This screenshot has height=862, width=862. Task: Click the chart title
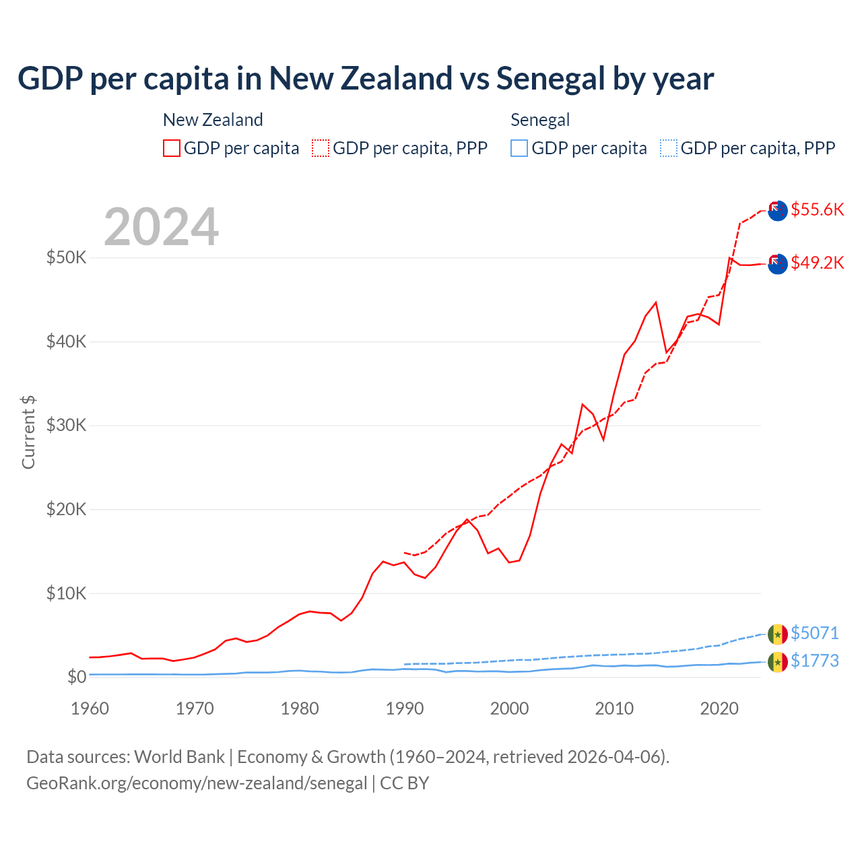point(366,79)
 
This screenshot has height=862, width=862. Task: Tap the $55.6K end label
point(817,209)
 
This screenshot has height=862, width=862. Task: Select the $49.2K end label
point(817,263)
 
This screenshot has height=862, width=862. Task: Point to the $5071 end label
point(814,633)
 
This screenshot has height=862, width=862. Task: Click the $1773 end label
point(814,661)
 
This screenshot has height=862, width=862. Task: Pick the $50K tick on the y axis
point(66,257)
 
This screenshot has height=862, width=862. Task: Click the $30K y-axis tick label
point(66,425)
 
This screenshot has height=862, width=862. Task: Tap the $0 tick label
point(77,677)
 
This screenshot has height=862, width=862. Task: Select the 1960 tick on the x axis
point(90,708)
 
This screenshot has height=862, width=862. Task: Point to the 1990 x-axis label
point(405,708)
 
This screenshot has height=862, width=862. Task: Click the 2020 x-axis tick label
point(719,708)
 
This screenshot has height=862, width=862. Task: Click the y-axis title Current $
point(28,432)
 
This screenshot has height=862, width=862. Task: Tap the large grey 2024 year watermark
point(162,227)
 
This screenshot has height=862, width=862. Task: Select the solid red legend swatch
point(172,148)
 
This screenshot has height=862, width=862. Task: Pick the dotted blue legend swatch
point(669,148)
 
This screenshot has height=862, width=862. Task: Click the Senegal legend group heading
point(540,120)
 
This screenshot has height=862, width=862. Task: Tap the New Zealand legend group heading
point(213,120)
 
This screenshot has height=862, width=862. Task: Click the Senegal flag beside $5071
point(778,634)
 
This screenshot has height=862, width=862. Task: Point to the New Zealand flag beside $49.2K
point(778,264)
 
